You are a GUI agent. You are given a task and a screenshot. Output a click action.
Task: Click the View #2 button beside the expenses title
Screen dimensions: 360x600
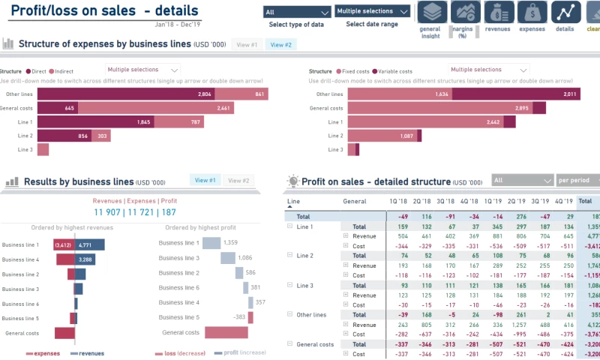pyautogui.click(x=281, y=45)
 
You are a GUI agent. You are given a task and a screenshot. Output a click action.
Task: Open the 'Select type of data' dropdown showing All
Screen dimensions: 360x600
pyautogui.click(x=297, y=12)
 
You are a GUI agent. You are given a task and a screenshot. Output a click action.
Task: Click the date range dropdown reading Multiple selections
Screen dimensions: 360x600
pyautogui.click(x=373, y=11)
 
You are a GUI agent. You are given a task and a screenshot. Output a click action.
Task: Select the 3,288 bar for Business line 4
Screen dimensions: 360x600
pyautogui.click(x=84, y=259)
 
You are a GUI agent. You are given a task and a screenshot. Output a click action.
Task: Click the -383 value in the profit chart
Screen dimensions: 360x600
pyautogui.click(x=238, y=317)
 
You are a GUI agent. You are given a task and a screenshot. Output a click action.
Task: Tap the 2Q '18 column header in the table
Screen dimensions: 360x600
pyautogui.click(x=421, y=202)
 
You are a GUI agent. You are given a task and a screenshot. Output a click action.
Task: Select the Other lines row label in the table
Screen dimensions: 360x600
pyautogui.click(x=312, y=315)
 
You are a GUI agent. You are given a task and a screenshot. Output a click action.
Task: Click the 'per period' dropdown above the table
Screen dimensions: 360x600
pyautogui.click(x=577, y=181)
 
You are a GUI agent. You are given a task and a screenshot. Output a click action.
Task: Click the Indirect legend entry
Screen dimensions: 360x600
pyautogui.click(x=61, y=71)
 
